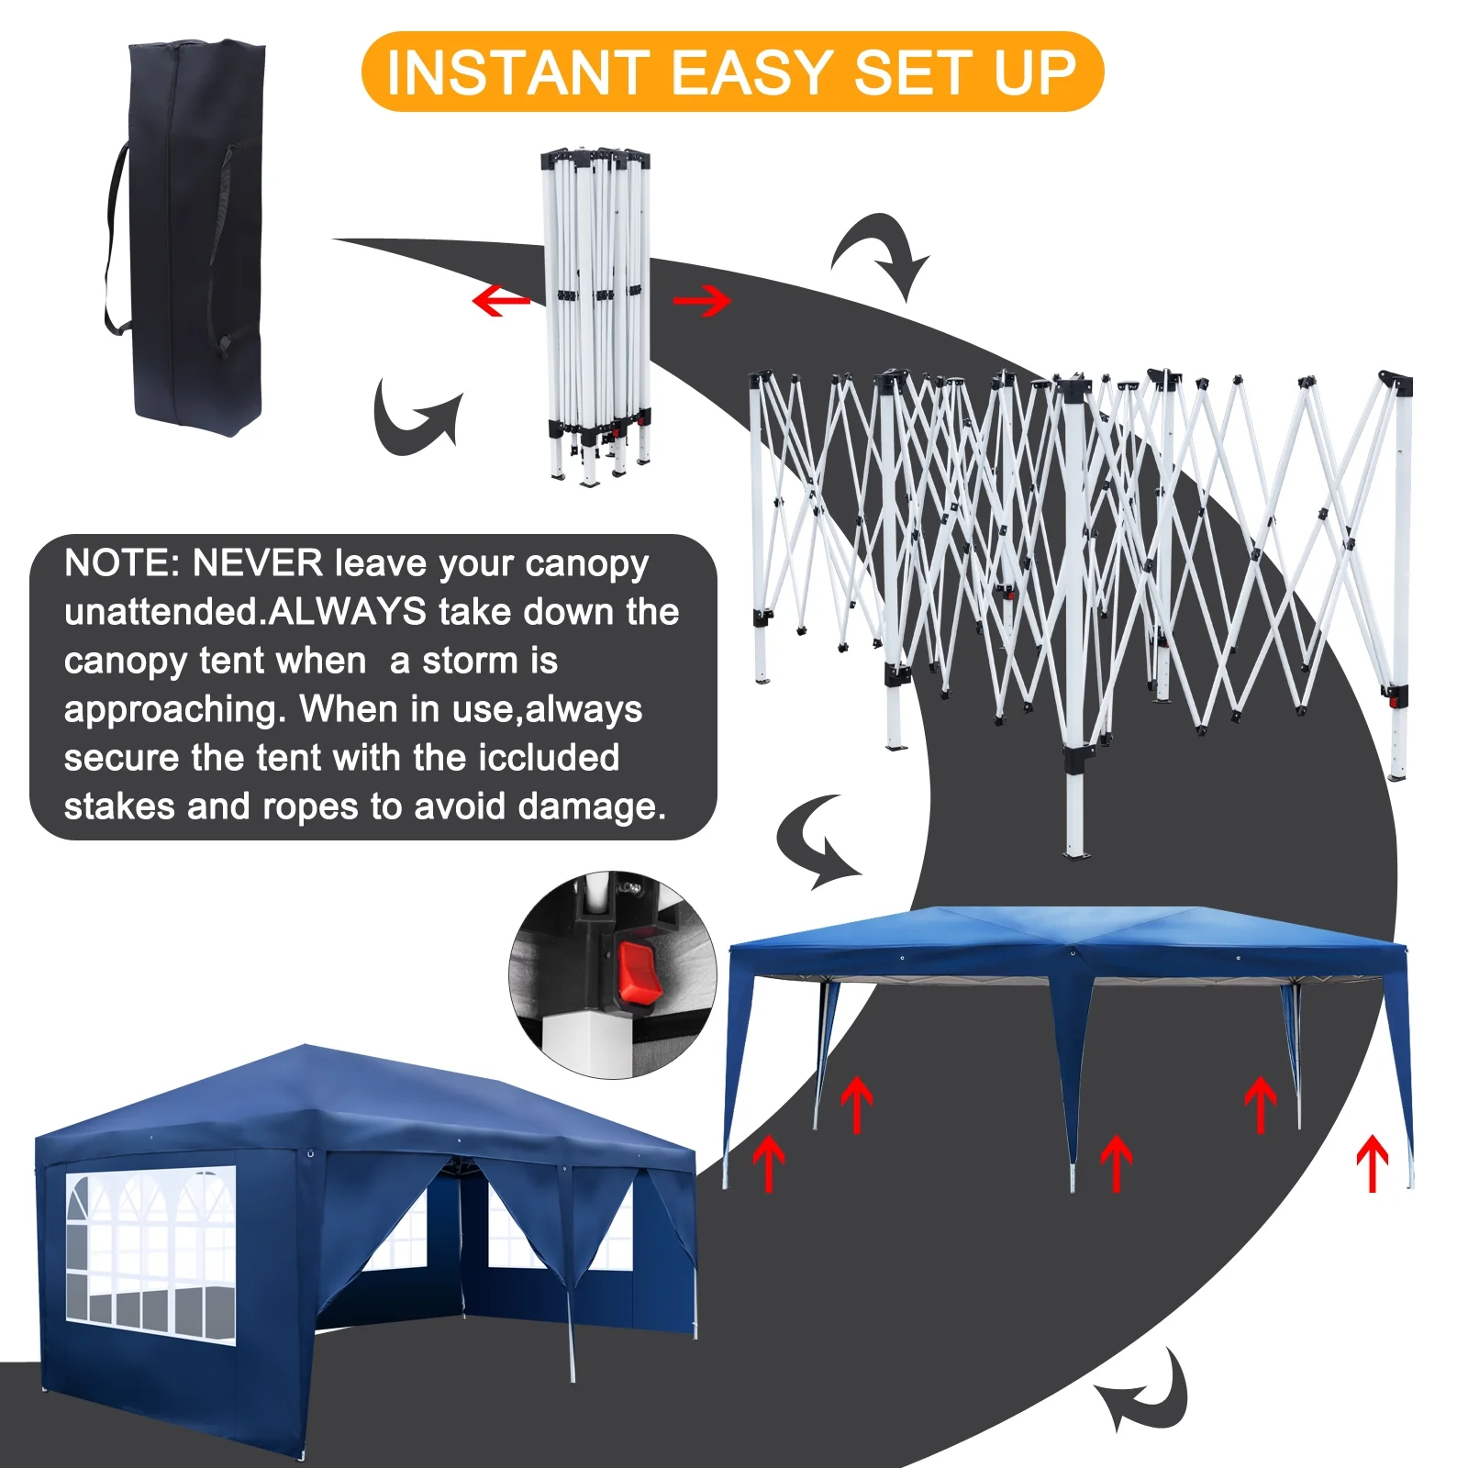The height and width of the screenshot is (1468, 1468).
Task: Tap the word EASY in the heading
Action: (751, 73)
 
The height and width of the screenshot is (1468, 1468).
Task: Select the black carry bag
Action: (193, 239)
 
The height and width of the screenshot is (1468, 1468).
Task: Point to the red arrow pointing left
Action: (501, 300)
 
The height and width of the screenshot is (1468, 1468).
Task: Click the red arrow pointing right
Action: (702, 300)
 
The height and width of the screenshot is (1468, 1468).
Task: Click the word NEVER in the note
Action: (257, 563)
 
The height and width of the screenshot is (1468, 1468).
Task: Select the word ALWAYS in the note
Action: (348, 612)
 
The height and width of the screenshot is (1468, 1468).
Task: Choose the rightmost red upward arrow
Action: (1373, 1162)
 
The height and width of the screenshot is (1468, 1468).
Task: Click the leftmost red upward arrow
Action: (769, 1162)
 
